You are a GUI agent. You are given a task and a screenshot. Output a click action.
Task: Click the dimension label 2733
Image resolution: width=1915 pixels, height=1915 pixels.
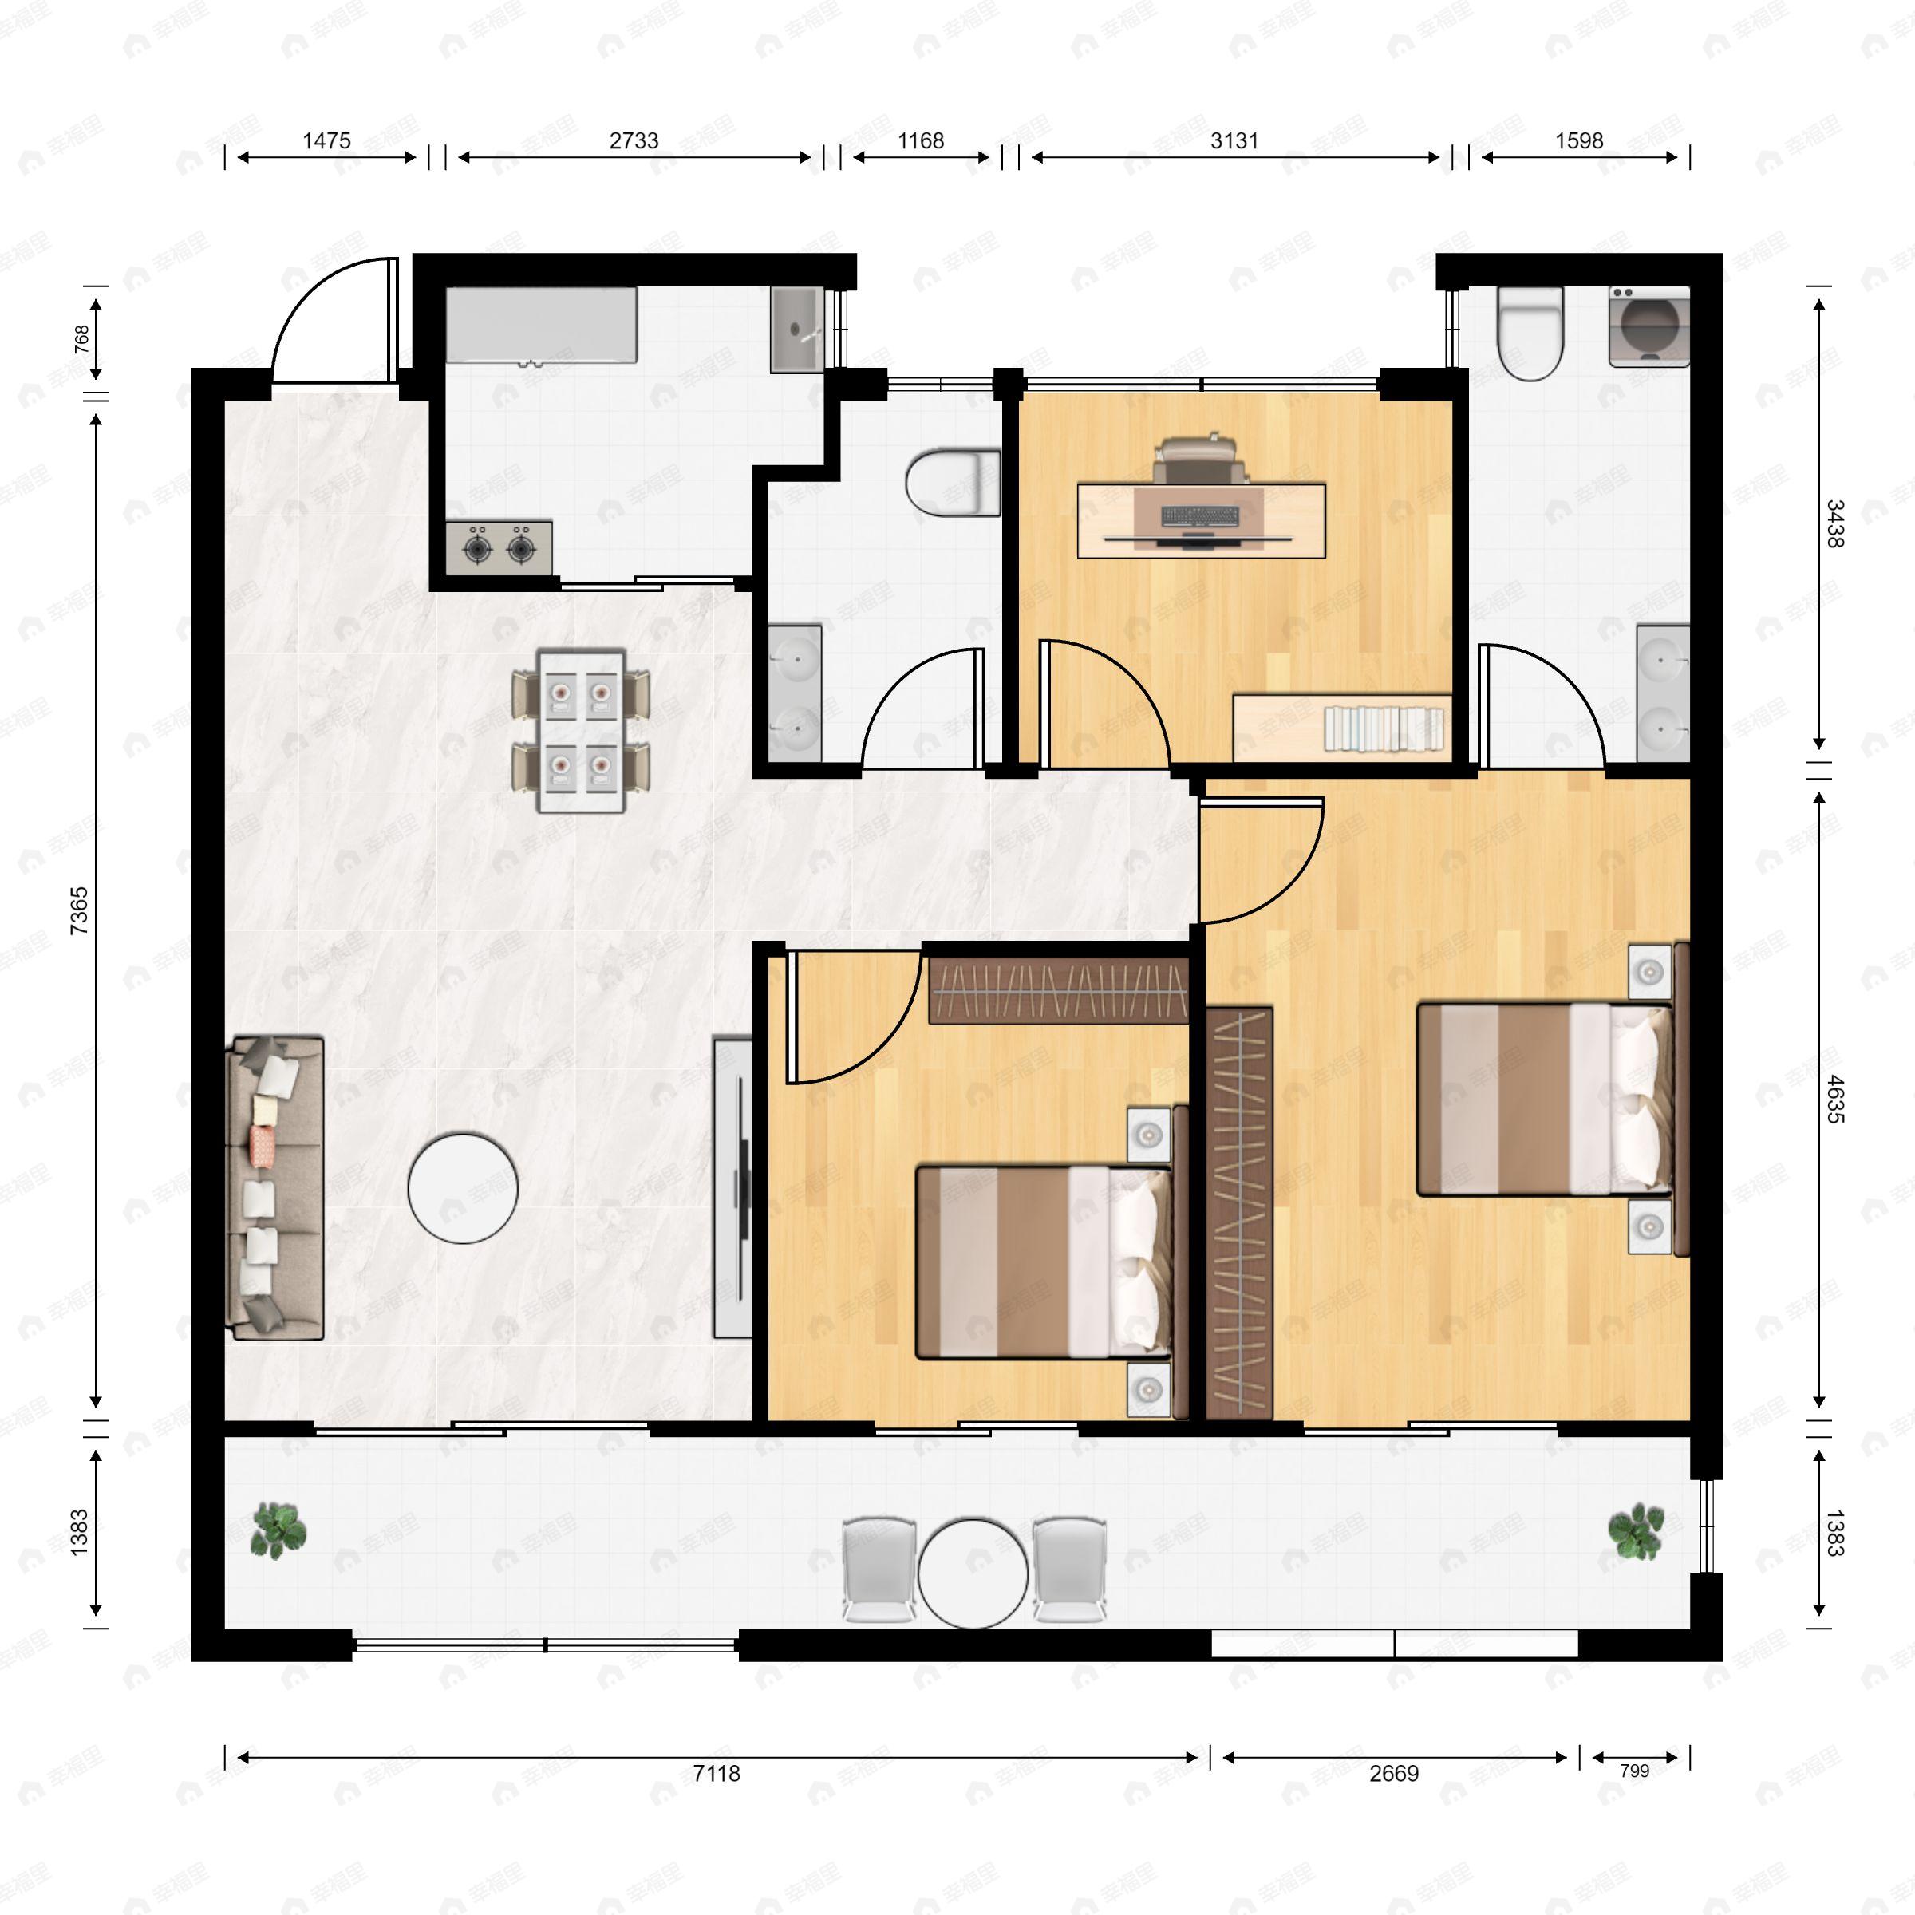click(x=634, y=140)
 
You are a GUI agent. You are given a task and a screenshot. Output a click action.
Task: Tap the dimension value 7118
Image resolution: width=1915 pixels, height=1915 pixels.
click(x=716, y=1773)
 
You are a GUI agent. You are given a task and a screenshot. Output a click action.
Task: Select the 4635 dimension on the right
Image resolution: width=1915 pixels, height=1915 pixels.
click(x=1834, y=1098)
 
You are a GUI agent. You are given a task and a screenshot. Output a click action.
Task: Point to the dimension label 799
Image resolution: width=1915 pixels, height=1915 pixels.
click(x=1633, y=1771)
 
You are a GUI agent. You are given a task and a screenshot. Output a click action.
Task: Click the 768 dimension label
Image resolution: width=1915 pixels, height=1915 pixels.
click(x=82, y=339)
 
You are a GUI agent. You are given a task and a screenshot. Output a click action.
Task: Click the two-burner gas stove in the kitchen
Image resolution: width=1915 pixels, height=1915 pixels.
click(x=499, y=546)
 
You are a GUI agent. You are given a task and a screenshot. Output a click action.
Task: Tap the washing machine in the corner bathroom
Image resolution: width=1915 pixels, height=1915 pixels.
click(x=1649, y=326)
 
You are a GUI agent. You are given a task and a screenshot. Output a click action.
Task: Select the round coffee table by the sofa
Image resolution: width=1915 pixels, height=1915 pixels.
click(x=463, y=1187)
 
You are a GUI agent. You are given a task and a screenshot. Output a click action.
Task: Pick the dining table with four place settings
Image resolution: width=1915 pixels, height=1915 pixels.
click(x=581, y=731)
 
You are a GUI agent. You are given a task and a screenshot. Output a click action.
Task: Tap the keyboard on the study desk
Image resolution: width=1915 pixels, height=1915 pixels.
click(x=1199, y=516)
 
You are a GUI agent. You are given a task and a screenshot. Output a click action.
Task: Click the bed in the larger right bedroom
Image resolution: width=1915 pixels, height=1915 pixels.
click(x=1542, y=1100)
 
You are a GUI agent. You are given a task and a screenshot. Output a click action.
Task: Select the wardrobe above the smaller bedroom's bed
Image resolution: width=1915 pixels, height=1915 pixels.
click(x=1057, y=992)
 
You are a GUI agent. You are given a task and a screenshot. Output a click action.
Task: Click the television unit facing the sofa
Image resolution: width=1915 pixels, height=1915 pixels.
click(x=732, y=1187)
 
